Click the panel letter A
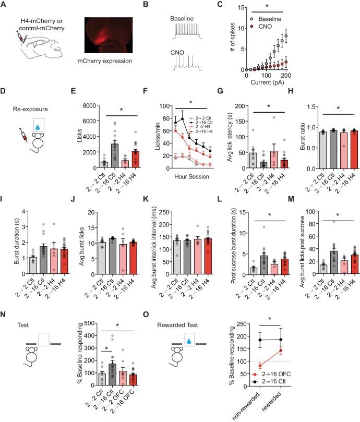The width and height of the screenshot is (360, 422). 5,5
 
